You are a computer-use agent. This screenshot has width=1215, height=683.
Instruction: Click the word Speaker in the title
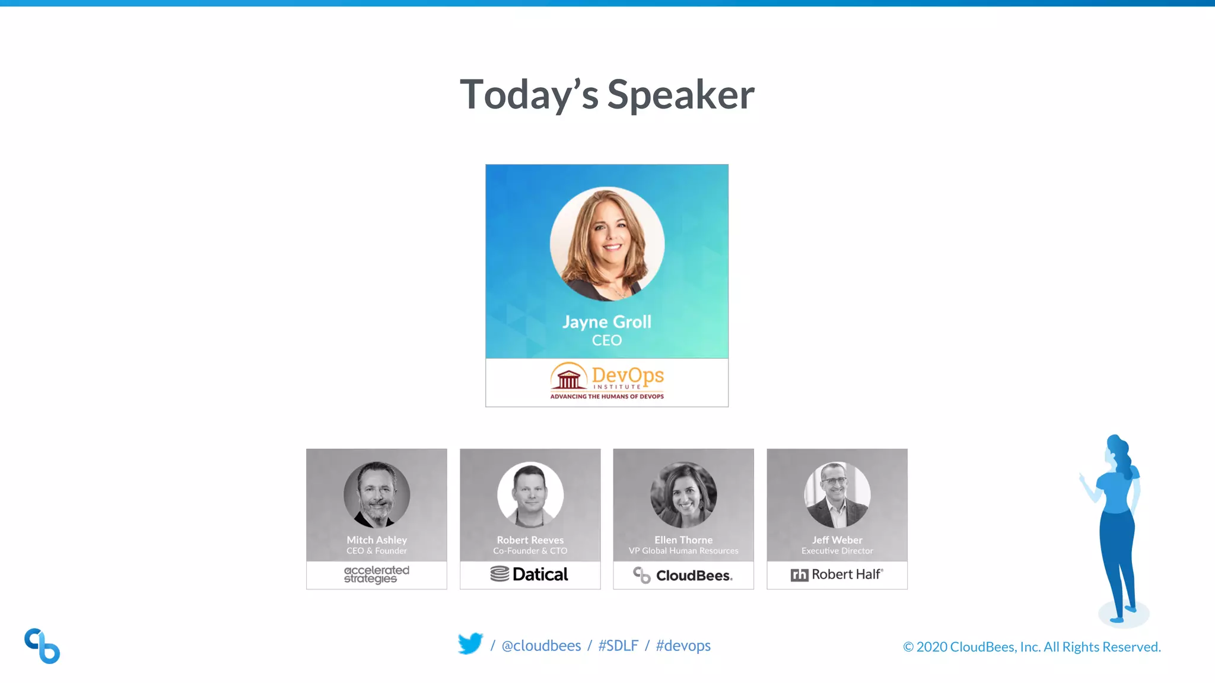[680, 95]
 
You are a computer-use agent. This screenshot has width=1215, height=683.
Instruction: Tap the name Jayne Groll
[606, 322]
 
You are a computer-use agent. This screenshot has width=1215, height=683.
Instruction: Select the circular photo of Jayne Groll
[607, 244]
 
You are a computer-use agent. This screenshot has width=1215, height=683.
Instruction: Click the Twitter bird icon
[470, 644]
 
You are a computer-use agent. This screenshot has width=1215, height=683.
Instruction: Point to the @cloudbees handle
[541, 646]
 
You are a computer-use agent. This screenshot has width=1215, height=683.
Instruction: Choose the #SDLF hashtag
[618, 646]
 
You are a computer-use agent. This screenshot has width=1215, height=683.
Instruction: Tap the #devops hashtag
[683, 646]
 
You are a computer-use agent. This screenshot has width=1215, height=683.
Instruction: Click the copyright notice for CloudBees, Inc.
[1032, 647]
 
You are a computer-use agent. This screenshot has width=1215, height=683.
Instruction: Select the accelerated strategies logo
[377, 575]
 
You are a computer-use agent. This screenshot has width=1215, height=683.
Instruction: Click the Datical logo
[529, 575]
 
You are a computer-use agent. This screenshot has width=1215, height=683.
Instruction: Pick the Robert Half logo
[836, 575]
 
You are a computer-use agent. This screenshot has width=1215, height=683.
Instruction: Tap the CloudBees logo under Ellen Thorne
[683, 575]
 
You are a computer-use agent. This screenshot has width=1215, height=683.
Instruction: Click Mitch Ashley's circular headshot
[377, 494]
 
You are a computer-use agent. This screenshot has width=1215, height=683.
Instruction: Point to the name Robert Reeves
[530, 540]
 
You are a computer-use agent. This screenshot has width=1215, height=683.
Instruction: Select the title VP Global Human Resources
[683, 551]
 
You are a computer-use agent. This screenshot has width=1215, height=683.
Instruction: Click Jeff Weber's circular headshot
[837, 494]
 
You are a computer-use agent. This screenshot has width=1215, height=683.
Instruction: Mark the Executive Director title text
[837, 551]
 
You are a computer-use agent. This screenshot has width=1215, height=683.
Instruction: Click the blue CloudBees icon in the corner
[42, 646]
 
